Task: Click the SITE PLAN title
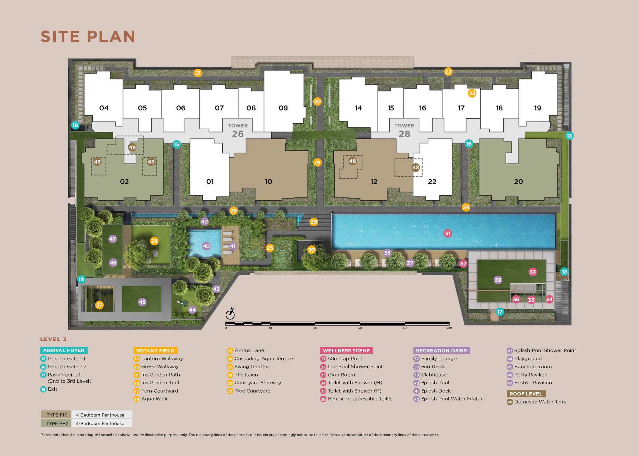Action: tap(88, 37)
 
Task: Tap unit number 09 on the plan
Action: tap(283, 108)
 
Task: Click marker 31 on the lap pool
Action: tap(448, 233)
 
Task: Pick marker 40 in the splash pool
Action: tap(206, 246)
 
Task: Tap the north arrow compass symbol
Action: tap(230, 314)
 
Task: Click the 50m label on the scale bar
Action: tap(449, 328)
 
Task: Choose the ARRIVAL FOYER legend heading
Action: tap(64, 350)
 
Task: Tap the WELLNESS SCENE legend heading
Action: tap(346, 350)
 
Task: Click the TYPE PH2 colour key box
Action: tap(56, 423)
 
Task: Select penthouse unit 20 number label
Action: tap(518, 182)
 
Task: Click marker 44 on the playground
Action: tap(192, 310)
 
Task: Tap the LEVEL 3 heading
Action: tap(53, 339)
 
